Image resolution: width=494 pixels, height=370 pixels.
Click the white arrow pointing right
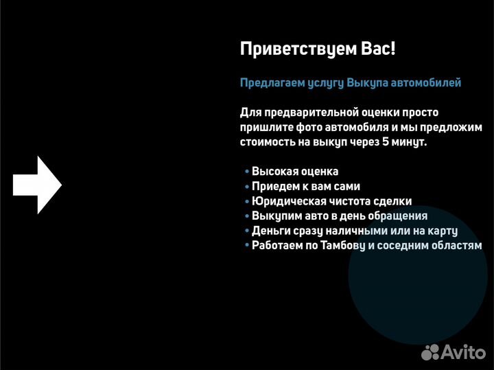(38, 184)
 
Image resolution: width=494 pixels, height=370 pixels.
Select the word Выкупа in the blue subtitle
(367, 83)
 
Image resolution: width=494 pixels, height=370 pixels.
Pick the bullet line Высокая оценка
(294, 172)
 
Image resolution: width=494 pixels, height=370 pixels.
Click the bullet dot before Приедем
(246, 187)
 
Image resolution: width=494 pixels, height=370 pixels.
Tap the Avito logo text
(462, 353)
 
